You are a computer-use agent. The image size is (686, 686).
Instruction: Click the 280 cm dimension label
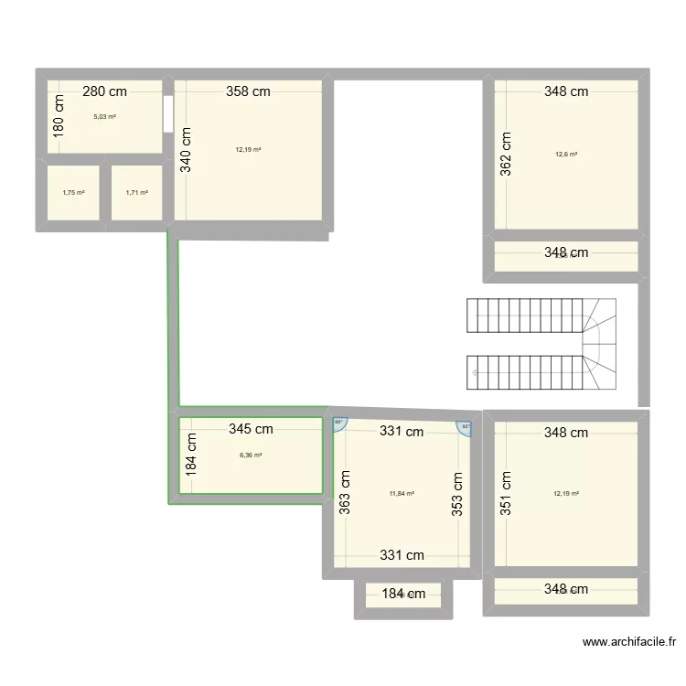[x=104, y=91]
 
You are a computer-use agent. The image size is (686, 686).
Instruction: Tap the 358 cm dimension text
[x=249, y=91]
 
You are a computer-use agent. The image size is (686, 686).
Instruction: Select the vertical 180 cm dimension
[x=59, y=116]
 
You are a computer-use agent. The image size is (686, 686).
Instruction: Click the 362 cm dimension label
[x=507, y=154]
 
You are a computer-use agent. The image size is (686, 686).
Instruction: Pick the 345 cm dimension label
[x=251, y=429]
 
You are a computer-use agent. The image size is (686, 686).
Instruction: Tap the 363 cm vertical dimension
[x=345, y=493]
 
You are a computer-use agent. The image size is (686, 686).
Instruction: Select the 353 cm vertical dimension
[x=457, y=495]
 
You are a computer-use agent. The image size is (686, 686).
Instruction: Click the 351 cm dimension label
[x=507, y=493]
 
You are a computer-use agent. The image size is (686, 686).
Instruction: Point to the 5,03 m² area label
[x=104, y=117]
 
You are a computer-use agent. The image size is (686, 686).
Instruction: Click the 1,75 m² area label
[x=73, y=193]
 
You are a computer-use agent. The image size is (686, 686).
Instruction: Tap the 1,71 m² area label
[x=136, y=193]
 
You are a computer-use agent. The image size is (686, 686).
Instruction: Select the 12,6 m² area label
[x=566, y=155]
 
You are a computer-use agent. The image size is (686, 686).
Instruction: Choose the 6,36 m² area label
[x=251, y=456]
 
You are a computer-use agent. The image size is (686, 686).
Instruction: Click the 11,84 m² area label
[x=402, y=494]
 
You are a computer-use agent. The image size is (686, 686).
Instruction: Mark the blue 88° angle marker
[x=338, y=423]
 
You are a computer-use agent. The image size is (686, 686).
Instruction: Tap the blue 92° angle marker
[x=464, y=426]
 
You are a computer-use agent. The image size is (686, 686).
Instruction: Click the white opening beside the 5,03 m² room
[x=168, y=113]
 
